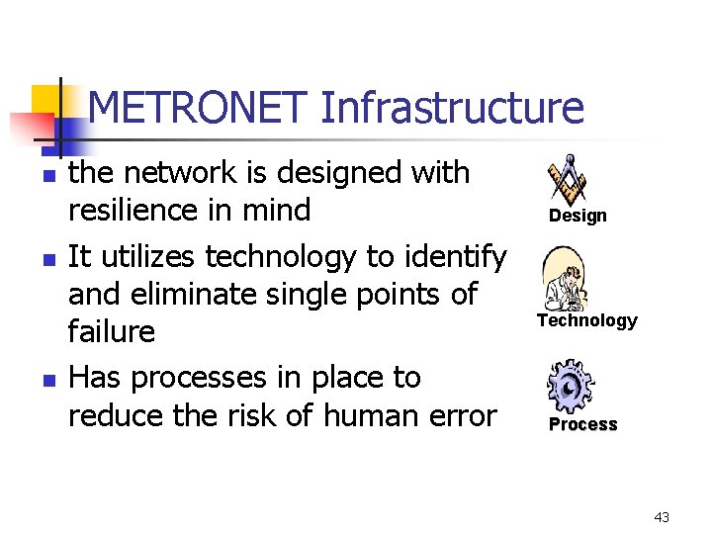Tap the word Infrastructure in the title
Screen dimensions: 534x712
452,108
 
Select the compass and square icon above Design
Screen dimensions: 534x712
569,178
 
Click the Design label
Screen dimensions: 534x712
578,216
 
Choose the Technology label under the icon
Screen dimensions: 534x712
587,320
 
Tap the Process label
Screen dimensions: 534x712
582,424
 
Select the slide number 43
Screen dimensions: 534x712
662,517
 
